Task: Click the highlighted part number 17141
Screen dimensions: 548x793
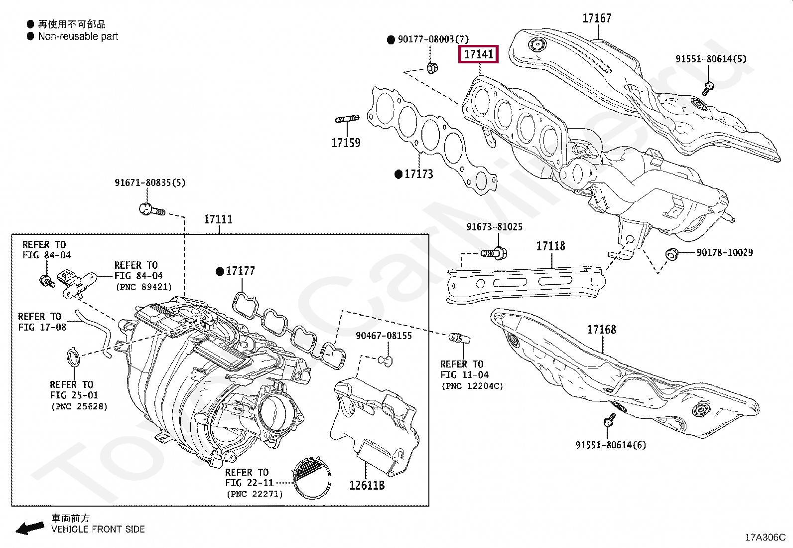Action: click(478, 54)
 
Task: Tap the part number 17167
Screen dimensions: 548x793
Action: click(597, 18)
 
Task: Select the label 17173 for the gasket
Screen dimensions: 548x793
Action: click(418, 174)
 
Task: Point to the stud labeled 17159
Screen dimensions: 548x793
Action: click(347, 119)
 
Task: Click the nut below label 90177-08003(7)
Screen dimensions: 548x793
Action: click(432, 67)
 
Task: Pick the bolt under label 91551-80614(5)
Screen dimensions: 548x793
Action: click(708, 88)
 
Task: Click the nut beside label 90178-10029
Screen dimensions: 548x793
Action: click(671, 254)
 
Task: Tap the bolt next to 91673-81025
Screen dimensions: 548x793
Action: click(495, 253)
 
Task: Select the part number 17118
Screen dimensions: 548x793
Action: click(550, 246)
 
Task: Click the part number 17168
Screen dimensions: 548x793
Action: click(601, 330)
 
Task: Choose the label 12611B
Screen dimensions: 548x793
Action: click(367, 485)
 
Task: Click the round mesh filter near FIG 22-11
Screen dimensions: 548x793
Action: click(312, 478)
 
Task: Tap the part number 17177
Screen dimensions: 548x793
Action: click(240, 271)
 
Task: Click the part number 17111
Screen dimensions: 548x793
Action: click(218, 219)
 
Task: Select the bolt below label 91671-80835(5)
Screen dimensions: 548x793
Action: click(151, 209)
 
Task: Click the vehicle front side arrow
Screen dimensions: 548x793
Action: click(30, 528)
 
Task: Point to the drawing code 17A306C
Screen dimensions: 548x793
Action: click(765, 537)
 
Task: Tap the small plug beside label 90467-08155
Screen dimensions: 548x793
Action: click(386, 360)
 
